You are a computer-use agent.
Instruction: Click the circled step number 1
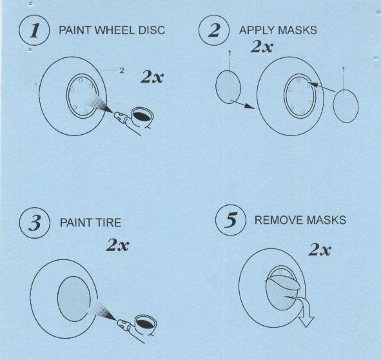34,30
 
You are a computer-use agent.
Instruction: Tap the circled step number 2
214,30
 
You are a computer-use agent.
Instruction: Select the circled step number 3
35,223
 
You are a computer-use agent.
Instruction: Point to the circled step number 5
231,220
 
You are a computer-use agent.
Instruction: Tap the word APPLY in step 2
257,30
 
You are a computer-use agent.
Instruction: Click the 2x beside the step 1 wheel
152,77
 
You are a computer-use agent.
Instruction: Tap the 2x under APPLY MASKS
262,46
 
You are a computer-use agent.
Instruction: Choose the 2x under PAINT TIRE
117,245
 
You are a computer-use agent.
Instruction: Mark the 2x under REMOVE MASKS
320,250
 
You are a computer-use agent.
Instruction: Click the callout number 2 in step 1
122,70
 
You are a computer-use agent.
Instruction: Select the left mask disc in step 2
228,87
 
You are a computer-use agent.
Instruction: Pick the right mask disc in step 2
346,106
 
